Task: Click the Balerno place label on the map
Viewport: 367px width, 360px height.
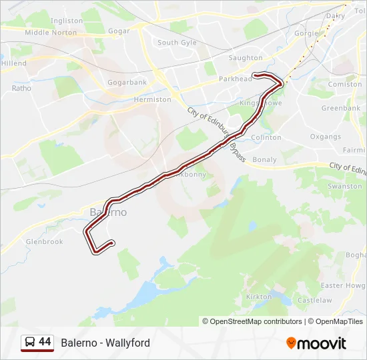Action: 107,212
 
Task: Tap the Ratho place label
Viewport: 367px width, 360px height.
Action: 21,87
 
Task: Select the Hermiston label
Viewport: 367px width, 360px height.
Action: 152,99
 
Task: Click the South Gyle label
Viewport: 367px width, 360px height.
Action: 177,43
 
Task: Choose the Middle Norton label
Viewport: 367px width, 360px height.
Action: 51,32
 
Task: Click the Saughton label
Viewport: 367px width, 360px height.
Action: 246,58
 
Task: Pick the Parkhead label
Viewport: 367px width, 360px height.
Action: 236,79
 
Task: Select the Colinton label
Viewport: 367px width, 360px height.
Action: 266,137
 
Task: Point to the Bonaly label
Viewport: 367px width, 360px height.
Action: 264,160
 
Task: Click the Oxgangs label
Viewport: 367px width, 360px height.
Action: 325,137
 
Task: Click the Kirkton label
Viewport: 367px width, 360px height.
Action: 258,297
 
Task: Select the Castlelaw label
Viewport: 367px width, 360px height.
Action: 314,301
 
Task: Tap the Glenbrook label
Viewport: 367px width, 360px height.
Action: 44,242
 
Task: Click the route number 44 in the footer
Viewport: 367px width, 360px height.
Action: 45,342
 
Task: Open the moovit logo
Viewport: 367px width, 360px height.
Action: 316,343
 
